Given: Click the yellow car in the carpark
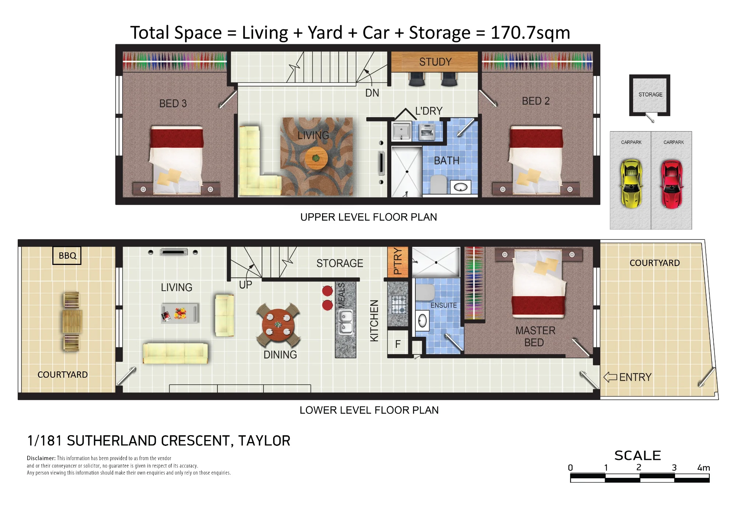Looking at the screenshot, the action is tap(631, 183).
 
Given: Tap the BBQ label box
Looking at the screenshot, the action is tap(67, 256).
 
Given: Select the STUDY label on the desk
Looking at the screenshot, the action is tap(435, 62).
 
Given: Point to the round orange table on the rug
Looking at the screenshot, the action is tap(316, 158).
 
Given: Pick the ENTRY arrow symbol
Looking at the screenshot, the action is tap(610, 377).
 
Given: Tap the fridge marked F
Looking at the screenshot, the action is tap(398, 344).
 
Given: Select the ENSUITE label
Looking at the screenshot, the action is tap(444, 305).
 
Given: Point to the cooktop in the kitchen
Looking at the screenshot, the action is tap(399, 304).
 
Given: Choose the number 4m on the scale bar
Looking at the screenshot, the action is tap(703, 468).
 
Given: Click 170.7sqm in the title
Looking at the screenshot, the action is tap(530, 33).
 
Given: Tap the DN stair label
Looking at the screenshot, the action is tap(372, 93).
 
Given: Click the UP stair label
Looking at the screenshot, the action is tap(245, 285).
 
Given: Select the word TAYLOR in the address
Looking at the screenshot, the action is tap(264, 441).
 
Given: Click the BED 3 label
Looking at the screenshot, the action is tap(173, 104).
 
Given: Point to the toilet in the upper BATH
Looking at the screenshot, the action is tap(438, 184).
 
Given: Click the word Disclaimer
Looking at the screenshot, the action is tap(41, 458).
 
